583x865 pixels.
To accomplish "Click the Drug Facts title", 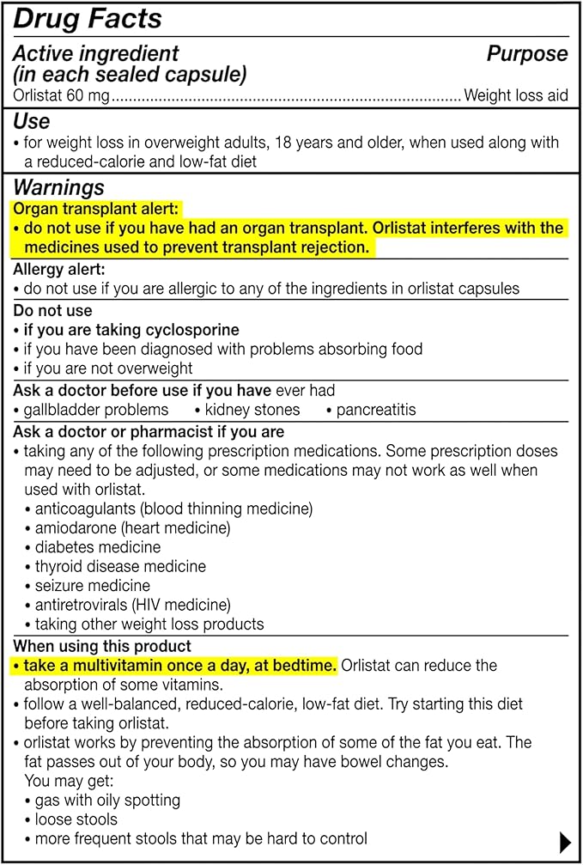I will coord(88,19).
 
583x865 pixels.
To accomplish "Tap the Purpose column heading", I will coord(527,54).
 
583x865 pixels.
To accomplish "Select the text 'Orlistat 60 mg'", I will coord(61,95).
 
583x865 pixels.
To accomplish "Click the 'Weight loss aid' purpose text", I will coord(515,95).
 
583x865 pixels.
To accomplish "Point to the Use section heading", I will coord(31,121).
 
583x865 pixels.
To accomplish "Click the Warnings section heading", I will coord(58,187).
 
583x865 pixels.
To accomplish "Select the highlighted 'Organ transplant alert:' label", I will coord(96,209).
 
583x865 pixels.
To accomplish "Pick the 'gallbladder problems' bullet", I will coord(95,410).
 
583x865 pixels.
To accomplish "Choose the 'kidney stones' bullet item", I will coord(252,410).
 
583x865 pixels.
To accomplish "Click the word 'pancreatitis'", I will coord(375,410).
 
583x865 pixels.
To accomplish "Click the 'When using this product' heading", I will coord(102,646).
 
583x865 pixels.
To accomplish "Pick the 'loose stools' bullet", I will coord(79,819).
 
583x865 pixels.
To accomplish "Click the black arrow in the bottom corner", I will coord(564,840).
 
